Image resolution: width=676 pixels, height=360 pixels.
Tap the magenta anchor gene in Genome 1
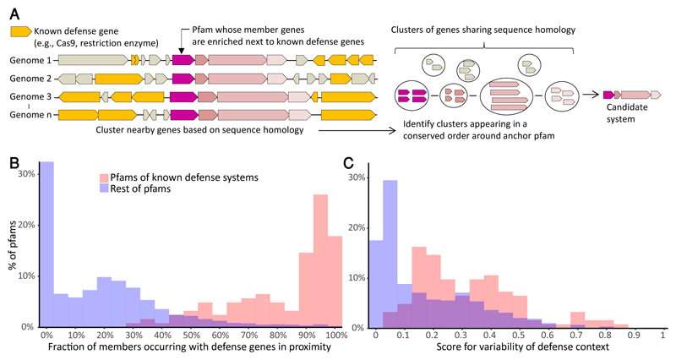183,61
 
